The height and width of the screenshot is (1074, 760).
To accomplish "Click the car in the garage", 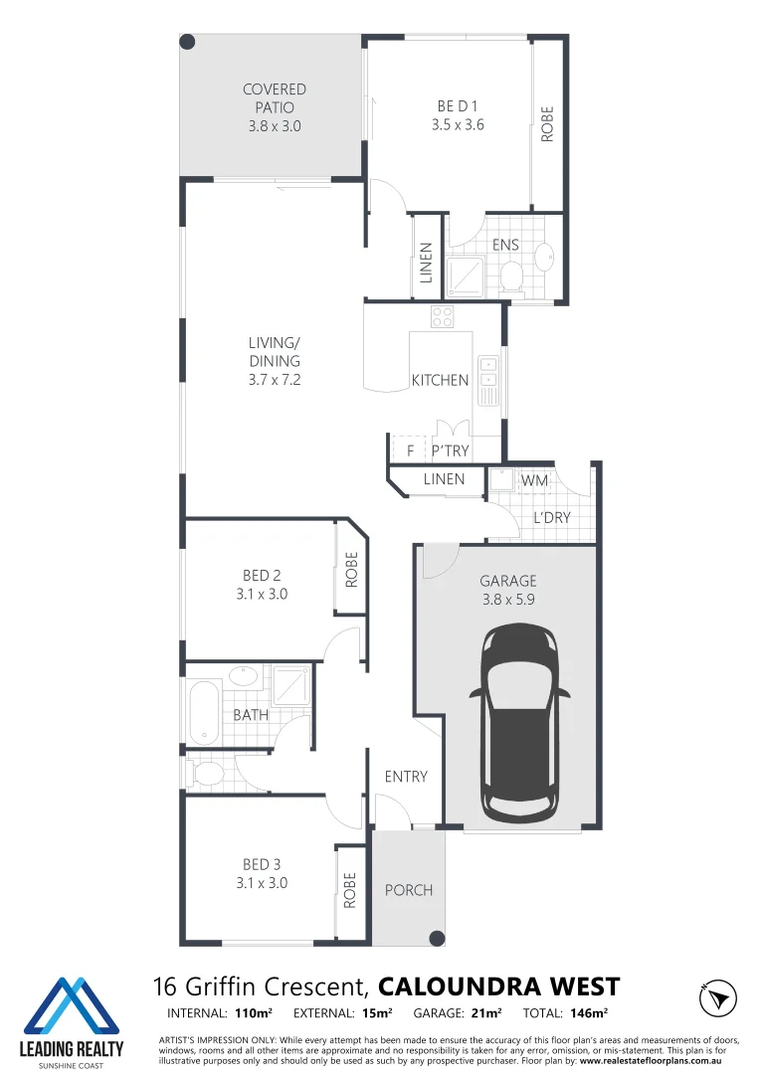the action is point(519,726).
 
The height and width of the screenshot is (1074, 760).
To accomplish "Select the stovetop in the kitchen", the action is point(442,317).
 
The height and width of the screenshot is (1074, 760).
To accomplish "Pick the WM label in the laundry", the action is point(534,481).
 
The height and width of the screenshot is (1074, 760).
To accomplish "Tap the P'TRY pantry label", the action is point(450,451).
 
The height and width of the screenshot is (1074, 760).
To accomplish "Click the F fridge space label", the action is point(409,451).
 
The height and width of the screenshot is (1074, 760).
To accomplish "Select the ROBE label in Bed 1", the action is point(547,124).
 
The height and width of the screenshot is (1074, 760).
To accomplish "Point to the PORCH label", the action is point(409,890).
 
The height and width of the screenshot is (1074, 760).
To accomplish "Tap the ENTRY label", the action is point(406,777).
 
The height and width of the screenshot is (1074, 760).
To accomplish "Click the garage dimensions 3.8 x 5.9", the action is point(507,600).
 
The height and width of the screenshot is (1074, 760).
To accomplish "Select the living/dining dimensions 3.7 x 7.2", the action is point(275,380).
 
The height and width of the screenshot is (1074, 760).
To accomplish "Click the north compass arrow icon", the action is point(717,996).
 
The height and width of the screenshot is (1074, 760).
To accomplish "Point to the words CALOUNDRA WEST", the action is point(499,986).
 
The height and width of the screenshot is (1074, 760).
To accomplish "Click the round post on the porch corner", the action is point(436,937).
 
